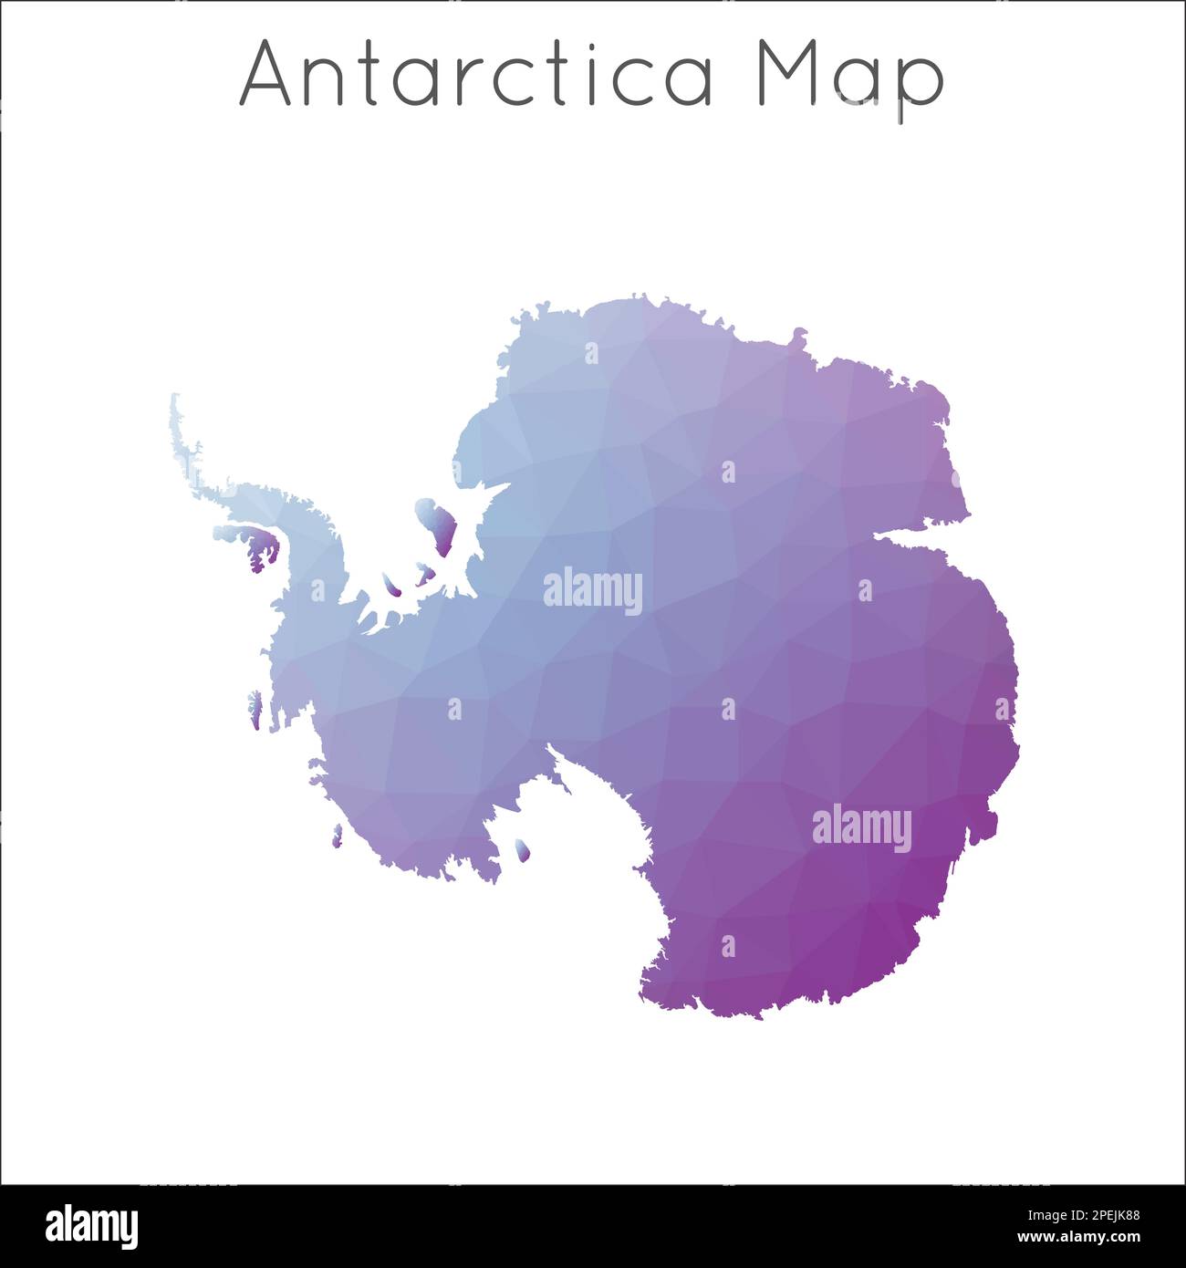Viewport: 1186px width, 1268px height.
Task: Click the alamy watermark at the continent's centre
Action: pos(593,591)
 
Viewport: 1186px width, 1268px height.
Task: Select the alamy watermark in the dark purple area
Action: pos(861,828)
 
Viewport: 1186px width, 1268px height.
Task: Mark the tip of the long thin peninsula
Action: pos(174,399)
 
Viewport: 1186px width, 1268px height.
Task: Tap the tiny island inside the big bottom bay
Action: pos(522,850)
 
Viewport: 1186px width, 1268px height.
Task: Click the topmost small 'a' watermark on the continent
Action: pos(592,353)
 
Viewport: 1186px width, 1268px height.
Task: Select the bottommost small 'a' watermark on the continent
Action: pos(728,946)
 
